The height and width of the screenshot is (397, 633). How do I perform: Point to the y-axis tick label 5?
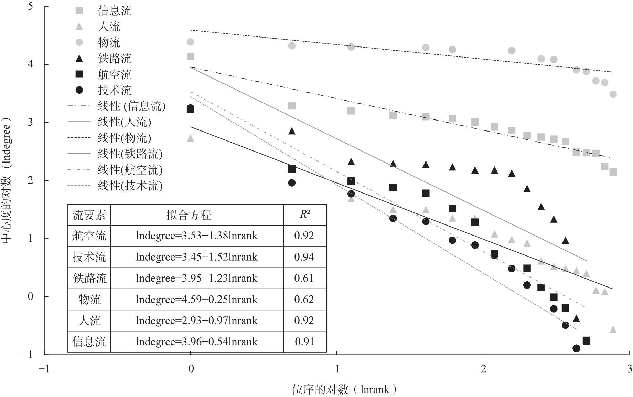[x=31, y=6]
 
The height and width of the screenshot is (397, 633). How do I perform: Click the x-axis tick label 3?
[x=629, y=369]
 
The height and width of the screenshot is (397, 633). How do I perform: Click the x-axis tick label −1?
[x=44, y=369]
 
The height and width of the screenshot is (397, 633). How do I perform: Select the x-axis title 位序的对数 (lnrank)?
[x=344, y=389]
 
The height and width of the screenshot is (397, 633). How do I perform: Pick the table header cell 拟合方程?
[x=189, y=215]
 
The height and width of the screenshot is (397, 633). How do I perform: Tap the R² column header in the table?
[x=305, y=215]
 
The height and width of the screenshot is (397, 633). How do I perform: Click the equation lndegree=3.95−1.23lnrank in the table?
[x=196, y=278]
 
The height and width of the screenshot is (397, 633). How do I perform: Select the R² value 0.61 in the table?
[x=304, y=278]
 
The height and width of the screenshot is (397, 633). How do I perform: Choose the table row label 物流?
[x=89, y=300]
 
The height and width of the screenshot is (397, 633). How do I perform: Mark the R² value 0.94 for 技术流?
[x=304, y=257]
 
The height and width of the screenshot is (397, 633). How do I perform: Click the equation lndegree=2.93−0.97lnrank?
[x=196, y=321]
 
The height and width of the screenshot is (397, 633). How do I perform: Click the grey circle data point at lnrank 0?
[x=190, y=42]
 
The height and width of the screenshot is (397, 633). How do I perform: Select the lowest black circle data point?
[x=576, y=348]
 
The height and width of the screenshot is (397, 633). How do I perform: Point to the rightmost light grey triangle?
[x=613, y=330]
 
